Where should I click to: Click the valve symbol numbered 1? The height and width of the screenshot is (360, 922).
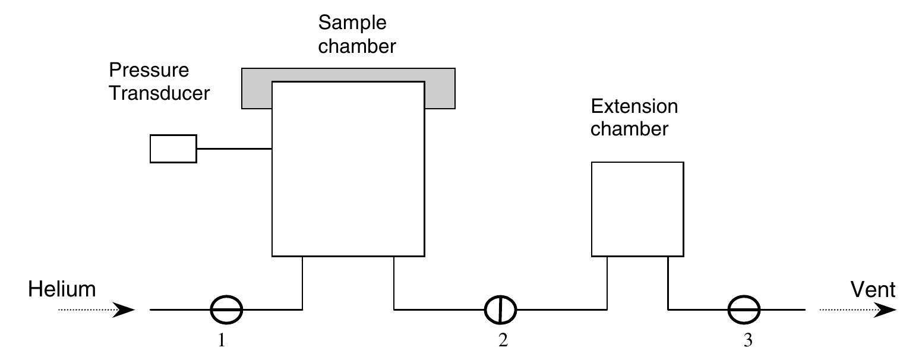click(x=227, y=310)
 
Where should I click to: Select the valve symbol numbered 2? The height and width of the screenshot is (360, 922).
click(x=500, y=310)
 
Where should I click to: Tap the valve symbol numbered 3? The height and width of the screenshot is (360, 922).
click(x=744, y=310)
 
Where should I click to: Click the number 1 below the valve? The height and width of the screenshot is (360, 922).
click(x=222, y=342)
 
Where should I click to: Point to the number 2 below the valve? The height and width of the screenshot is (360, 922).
click(x=503, y=342)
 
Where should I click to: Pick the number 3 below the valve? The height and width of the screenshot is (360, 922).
click(x=747, y=342)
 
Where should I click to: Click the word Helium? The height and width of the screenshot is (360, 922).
click(x=62, y=290)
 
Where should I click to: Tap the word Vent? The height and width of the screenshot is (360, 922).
click(x=873, y=290)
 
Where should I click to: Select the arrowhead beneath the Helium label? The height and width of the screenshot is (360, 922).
click(x=124, y=310)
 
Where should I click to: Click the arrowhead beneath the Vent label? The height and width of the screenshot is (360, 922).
click(x=885, y=310)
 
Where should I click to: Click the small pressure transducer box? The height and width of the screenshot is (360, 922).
click(x=173, y=149)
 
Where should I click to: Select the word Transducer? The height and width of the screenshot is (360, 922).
click(x=159, y=93)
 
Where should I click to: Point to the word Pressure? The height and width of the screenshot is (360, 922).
click(x=149, y=70)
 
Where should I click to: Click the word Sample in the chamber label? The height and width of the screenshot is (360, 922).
click(x=352, y=23)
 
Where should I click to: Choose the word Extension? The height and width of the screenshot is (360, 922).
click(x=634, y=106)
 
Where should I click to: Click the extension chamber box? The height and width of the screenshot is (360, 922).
click(x=637, y=209)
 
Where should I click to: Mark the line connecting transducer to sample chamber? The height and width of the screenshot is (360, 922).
click(x=234, y=149)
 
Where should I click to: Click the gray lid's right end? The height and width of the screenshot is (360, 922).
click(x=440, y=95)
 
